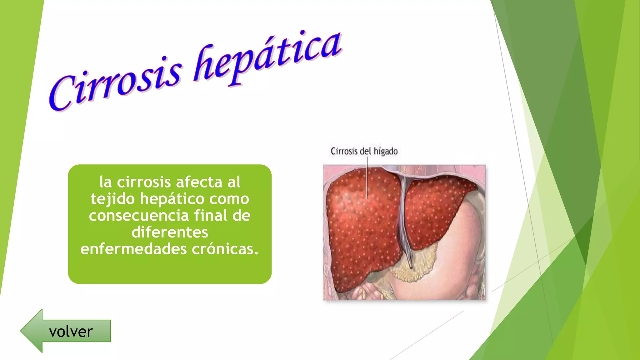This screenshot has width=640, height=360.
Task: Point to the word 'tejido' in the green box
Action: tap(112, 199)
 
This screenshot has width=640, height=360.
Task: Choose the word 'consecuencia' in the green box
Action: tap(139, 216)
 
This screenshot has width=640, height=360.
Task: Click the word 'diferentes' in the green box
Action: tap(170, 232)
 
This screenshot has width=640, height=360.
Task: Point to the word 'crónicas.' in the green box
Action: tap(225, 249)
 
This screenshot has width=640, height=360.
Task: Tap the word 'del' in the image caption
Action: tap(365, 152)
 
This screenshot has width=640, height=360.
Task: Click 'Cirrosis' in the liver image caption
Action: tap(344, 152)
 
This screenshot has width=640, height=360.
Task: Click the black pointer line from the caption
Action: tap(367, 178)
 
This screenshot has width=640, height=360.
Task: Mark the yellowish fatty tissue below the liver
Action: tap(416, 269)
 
